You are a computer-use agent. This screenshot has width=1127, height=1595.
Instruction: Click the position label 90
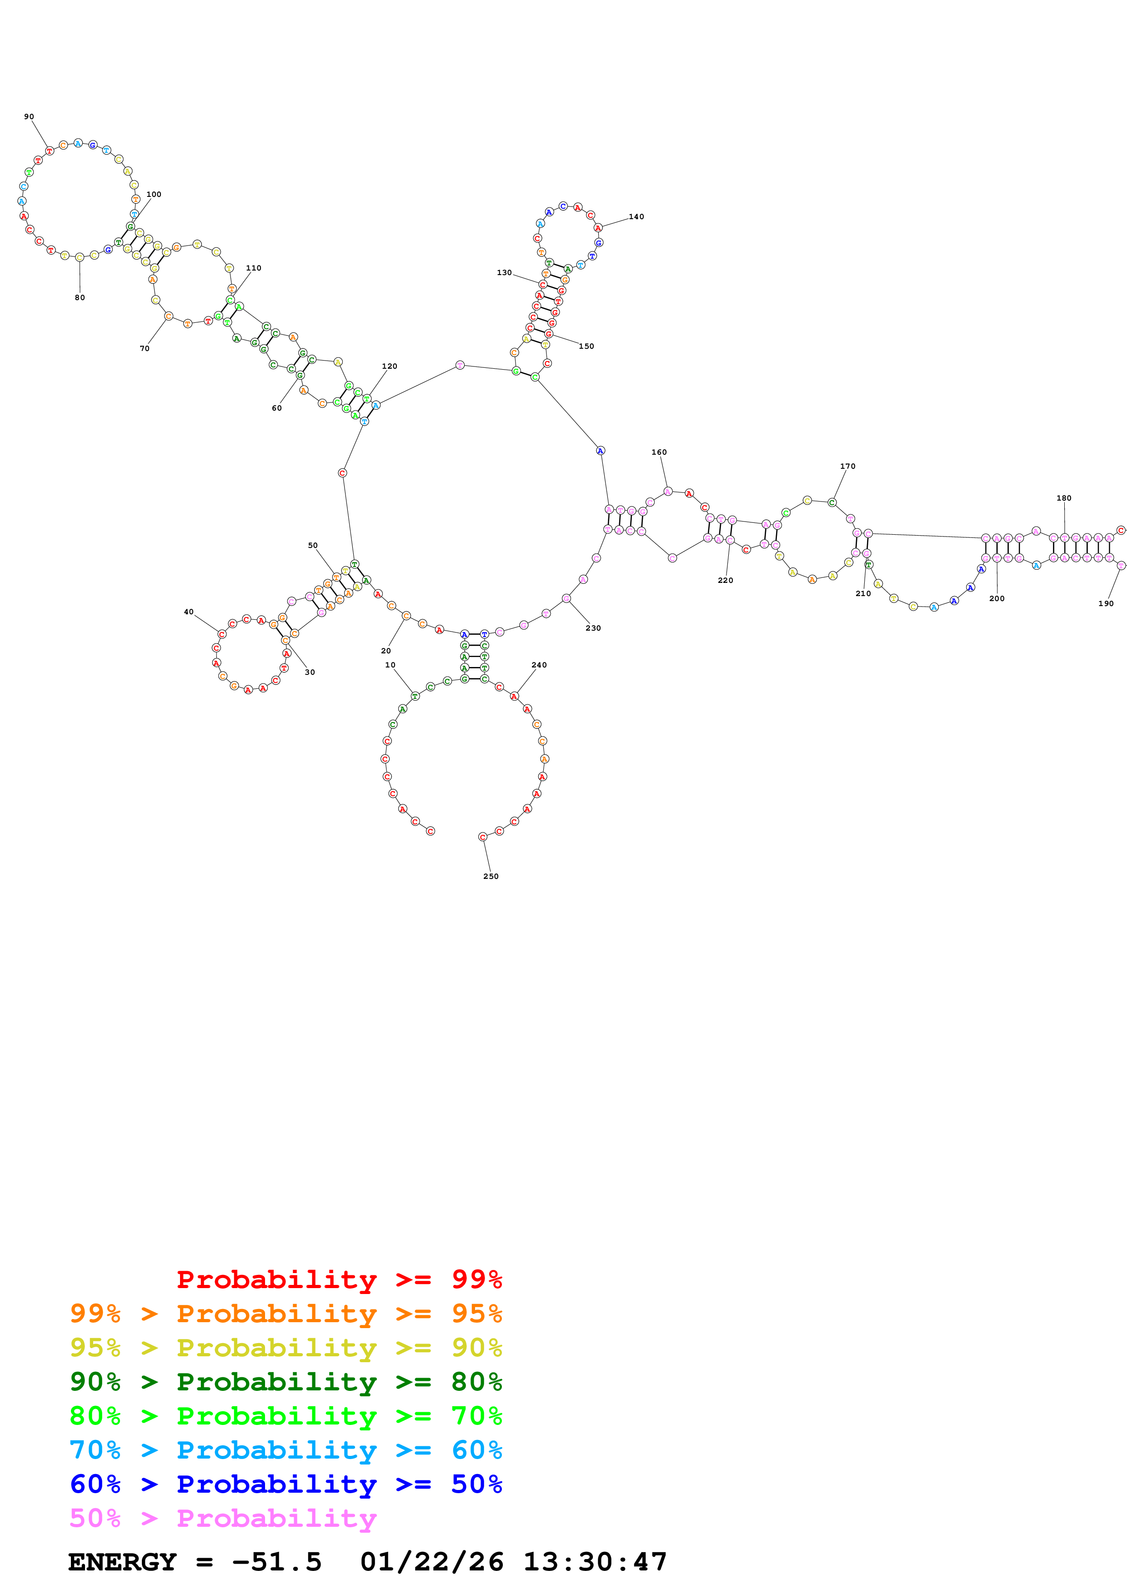click(29, 117)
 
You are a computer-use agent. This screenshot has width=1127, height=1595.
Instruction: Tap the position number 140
click(636, 217)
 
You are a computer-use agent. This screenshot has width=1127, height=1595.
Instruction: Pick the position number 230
click(592, 628)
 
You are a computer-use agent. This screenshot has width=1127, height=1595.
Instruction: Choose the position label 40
click(188, 612)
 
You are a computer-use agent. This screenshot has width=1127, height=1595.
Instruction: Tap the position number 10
click(390, 665)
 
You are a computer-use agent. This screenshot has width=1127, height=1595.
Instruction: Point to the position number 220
click(725, 580)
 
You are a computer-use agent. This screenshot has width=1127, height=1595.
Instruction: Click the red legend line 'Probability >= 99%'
click(339, 1279)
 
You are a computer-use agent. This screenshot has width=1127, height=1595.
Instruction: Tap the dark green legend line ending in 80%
click(286, 1382)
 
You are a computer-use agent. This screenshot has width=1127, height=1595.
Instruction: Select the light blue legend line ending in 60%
click(286, 1450)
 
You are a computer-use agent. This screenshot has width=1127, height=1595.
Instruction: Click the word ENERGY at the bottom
click(122, 1562)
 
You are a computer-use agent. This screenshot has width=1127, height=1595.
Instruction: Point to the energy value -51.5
click(276, 1562)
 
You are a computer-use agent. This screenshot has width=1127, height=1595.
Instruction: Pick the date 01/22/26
click(431, 1562)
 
